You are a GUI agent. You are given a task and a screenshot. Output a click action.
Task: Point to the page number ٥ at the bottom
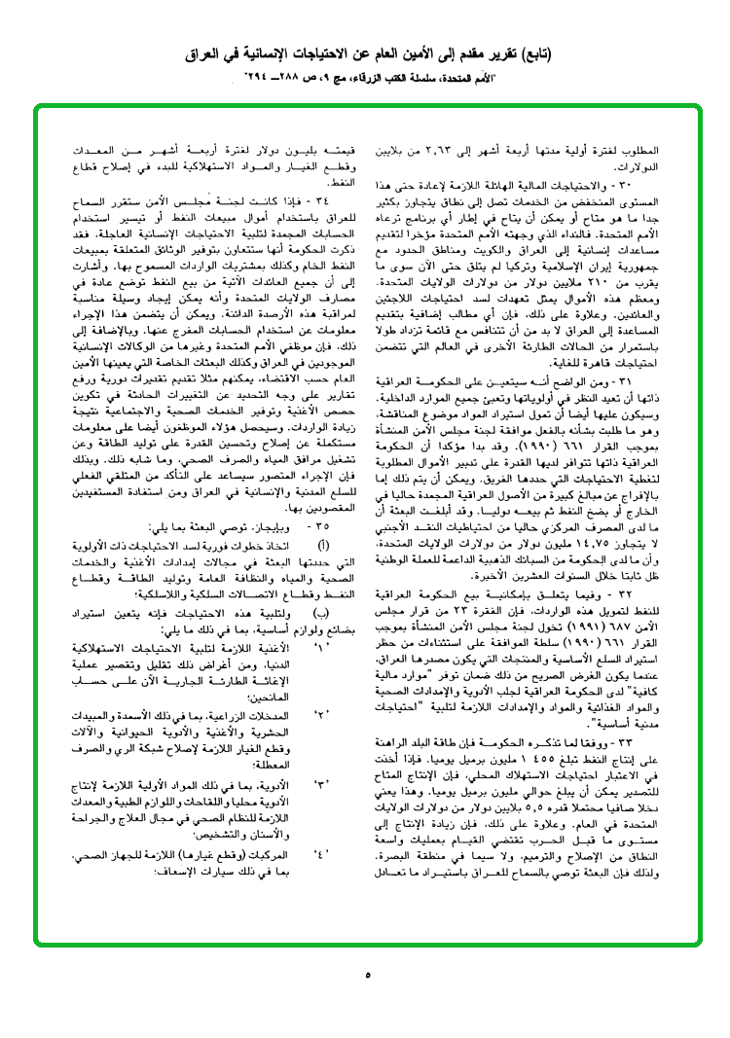368,975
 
